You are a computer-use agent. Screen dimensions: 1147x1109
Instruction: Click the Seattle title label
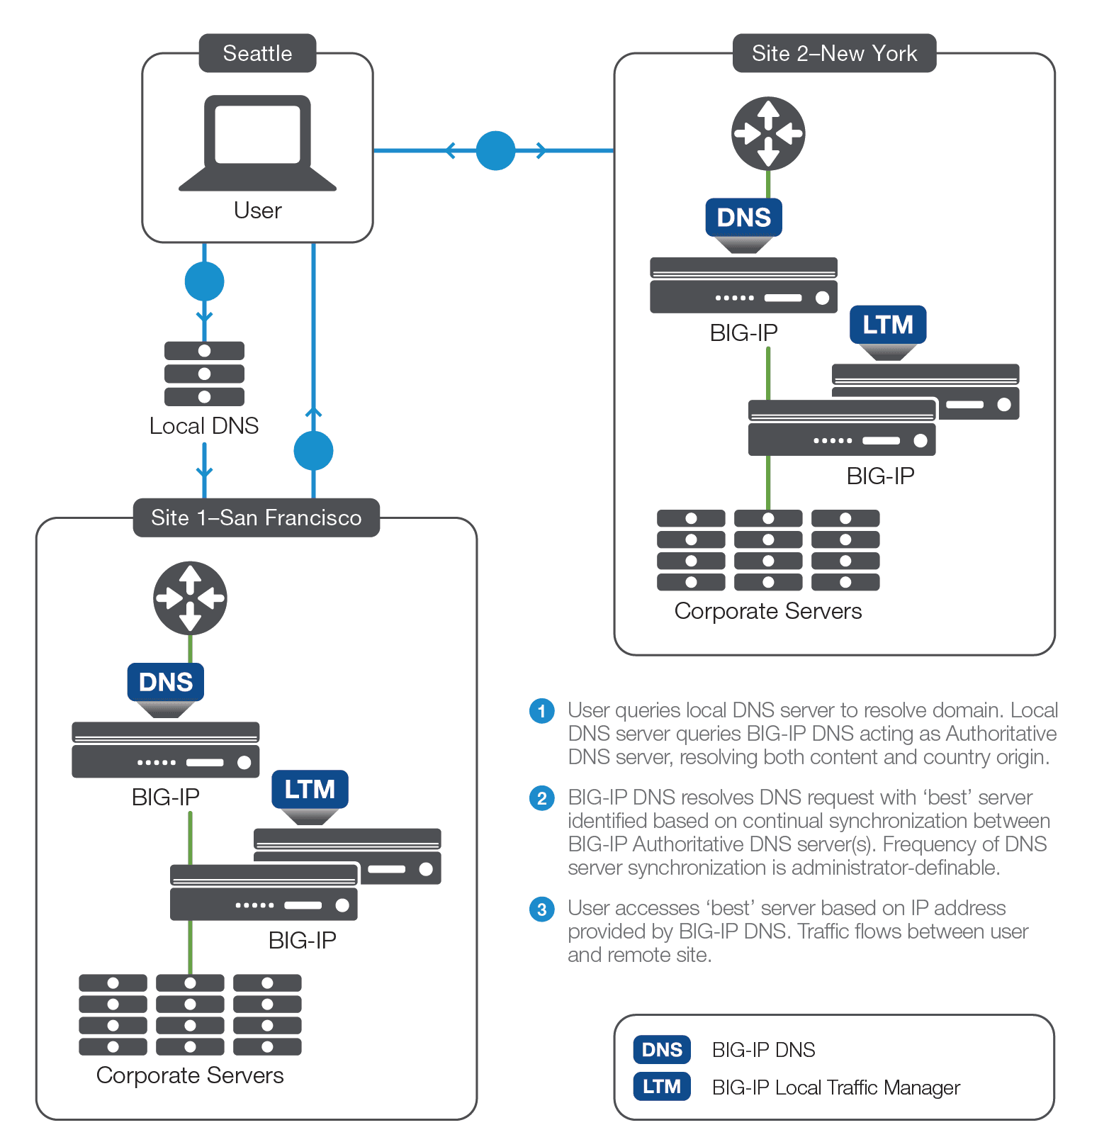[x=257, y=53]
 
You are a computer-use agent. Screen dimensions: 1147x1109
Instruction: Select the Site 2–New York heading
[x=834, y=53]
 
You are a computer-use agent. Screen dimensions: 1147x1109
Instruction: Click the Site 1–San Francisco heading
[x=256, y=517]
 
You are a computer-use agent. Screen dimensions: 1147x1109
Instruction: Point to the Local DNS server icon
[x=204, y=374]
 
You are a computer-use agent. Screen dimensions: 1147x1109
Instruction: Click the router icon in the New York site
[x=768, y=133]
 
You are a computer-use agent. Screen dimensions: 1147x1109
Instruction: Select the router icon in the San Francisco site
[x=190, y=598]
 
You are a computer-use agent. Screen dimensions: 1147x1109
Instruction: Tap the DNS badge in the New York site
[x=743, y=217]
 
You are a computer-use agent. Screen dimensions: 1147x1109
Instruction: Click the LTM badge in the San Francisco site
[x=310, y=789]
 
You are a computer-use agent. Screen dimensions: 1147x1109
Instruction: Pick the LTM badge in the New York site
[x=888, y=325]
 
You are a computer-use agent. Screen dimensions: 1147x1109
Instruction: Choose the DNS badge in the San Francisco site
[x=166, y=682]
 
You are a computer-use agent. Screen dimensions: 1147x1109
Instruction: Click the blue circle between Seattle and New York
[x=495, y=150]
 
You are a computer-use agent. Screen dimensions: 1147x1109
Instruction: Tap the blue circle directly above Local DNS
[x=204, y=281]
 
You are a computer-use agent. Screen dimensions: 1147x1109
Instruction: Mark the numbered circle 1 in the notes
[x=542, y=710]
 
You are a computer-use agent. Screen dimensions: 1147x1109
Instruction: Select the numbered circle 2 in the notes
[x=542, y=798]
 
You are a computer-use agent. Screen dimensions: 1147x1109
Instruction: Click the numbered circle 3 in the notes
[x=542, y=909]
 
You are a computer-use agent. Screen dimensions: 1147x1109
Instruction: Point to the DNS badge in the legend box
[x=662, y=1050]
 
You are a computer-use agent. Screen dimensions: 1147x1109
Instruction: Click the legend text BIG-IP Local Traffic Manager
[x=835, y=1087]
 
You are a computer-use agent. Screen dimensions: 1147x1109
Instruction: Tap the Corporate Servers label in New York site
[x=768, y=611]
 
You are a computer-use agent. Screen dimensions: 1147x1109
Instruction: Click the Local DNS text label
[x=204, y=425]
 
